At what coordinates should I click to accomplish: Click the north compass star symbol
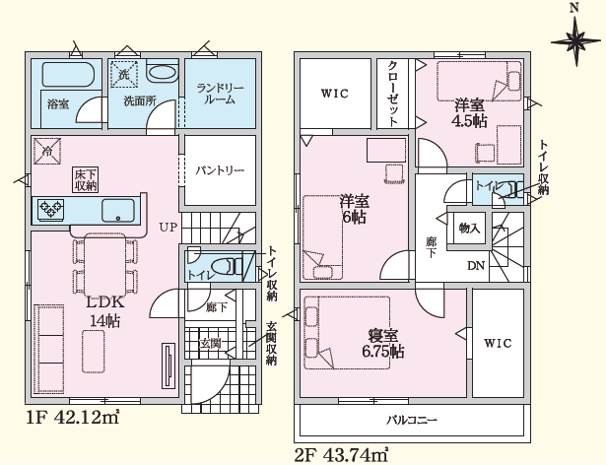pyautogui.click(x=575, y=40)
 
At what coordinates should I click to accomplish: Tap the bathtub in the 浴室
pyautogui.click(x=68, y=74)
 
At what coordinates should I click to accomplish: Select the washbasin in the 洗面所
pyautogui.click(x=163, y=73)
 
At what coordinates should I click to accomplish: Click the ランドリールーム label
pyautogui.click(x=221, y=94)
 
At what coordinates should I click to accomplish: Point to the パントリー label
pyautogui.click(x=220, y=170)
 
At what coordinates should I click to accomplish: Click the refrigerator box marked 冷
pyautogui.click(x=46, y=151)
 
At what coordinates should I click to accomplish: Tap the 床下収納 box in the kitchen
pyautogui.click(x=86, y=179)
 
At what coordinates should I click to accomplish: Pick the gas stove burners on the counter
pyautogui.click(x=50, y=210)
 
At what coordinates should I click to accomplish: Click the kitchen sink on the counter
pyautogui.click(x=118, y=210)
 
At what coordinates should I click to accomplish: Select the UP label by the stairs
pyautogui.click(x=168, y=227)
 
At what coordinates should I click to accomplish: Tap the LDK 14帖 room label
pyautogui.click(x=104, y=311)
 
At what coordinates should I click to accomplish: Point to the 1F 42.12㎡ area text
pyautogui.click(x=73, y=417)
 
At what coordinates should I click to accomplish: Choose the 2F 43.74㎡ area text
pyautogui.click(x=341, y=455)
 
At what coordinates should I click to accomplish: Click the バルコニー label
pyautogui.click(x=412, y=420)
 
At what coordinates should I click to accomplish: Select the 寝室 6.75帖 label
pyautogui.click(x=383, y=344)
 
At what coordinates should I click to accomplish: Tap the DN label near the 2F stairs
pyautogui.click(x=476, y=266)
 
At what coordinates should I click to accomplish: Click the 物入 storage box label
pyautogui.click(x=469, y=229)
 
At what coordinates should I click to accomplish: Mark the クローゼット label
pyautogui.click(x=392, y=94)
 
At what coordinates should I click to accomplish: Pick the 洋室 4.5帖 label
pyautogui.click(x=469, y=113)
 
